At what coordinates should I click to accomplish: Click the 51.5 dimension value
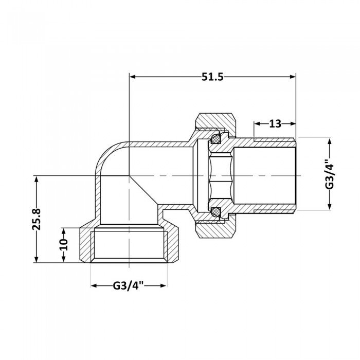pyautogui.click(x=213, y=77)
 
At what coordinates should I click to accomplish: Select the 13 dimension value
pyautogui.click(x=275, y=124)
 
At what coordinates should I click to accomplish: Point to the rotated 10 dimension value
pyautogui.click(x=63, y=245)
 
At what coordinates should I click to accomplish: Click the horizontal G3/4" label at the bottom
pyautogui.click(x=128, y=285)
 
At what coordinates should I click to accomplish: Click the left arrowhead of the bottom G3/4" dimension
pyautogui.click(x=94, y=285)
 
